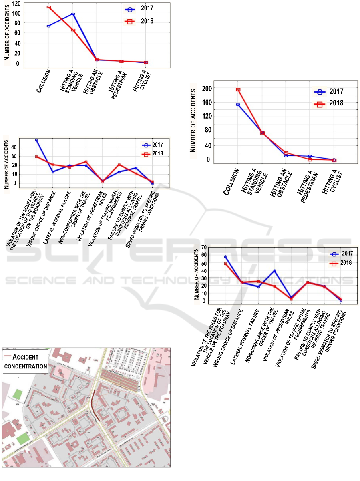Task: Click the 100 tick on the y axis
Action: [x=16, y=13]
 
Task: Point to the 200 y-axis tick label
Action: [x=207, y=88]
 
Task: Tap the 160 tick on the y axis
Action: [x=207, y=102]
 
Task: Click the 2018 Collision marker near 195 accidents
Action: [x=238, y=90]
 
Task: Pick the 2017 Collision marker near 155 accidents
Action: [x=238, y=105]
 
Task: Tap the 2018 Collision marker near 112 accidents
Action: [x=48, y=7]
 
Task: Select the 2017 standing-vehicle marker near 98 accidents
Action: [x=73, y=14]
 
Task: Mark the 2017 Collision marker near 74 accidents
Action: [x=48, y=26]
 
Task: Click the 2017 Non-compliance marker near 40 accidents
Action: [x=274, y=271]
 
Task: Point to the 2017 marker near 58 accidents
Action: [x=225, y=257]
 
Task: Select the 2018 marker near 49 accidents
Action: [x=225, y=264]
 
